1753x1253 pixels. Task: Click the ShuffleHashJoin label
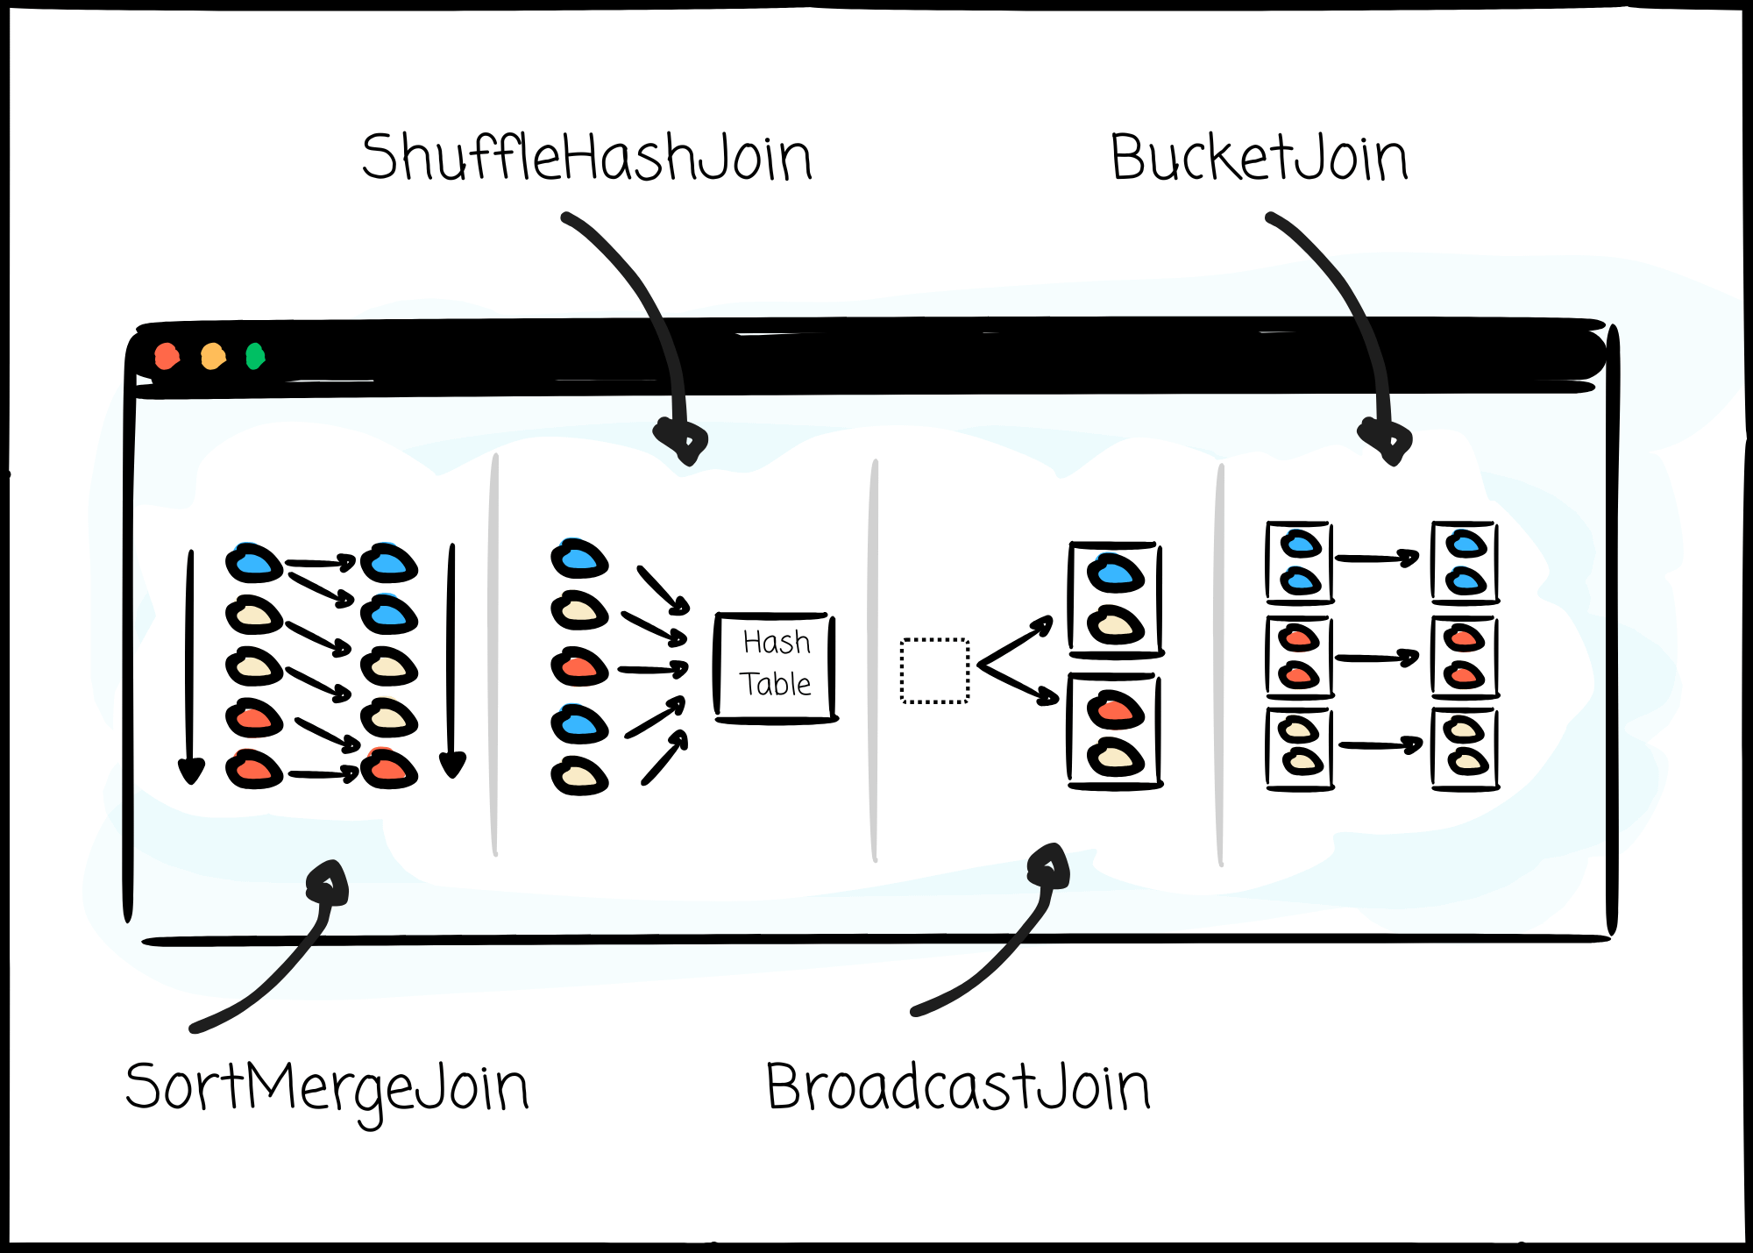[x=587, y=158]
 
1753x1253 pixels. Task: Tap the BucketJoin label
[x=1260, y=158]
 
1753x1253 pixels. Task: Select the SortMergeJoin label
[x=327, y=1090]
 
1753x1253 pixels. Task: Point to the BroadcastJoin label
[x=958, y=1086]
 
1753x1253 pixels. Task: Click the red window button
[x=167, y=356]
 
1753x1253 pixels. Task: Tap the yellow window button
[x=213, y=356]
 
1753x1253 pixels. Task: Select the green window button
[x=255, y=356]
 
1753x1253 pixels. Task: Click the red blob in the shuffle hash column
[x=579, y=667]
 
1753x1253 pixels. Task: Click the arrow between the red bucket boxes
[x=1377, y=658]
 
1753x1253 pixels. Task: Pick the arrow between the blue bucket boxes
[x=1377, y=558]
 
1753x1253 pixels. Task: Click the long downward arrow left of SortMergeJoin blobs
[x=190, y=666]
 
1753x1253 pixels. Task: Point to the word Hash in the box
[x=777, y=643]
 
